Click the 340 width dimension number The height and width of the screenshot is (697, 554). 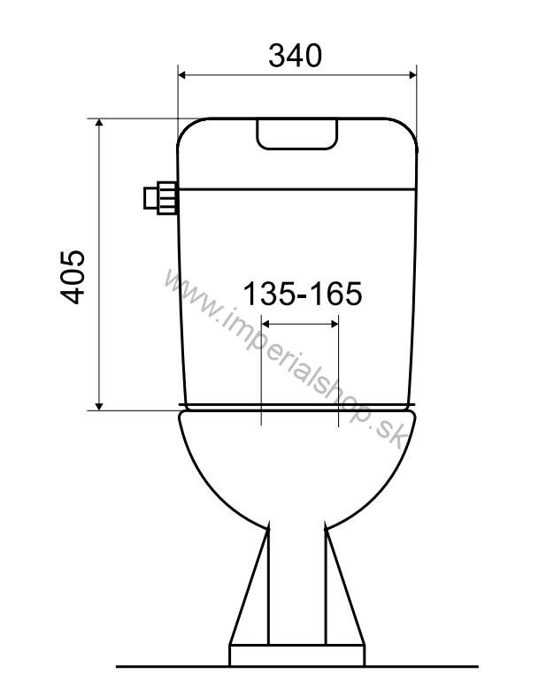(296, 55)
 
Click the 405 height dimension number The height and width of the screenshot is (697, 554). (73, 276)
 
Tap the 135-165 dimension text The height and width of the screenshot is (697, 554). (302, 293)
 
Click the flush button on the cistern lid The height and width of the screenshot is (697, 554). (296, 134)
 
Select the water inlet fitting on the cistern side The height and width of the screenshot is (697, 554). (159, 198)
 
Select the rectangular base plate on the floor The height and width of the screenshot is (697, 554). (296, 655)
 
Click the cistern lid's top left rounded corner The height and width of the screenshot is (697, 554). (188, 128)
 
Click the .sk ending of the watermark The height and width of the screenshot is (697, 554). (387, 431)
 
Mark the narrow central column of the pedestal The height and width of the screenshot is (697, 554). (296, 584)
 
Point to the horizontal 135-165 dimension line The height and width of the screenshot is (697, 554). (300, 326)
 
